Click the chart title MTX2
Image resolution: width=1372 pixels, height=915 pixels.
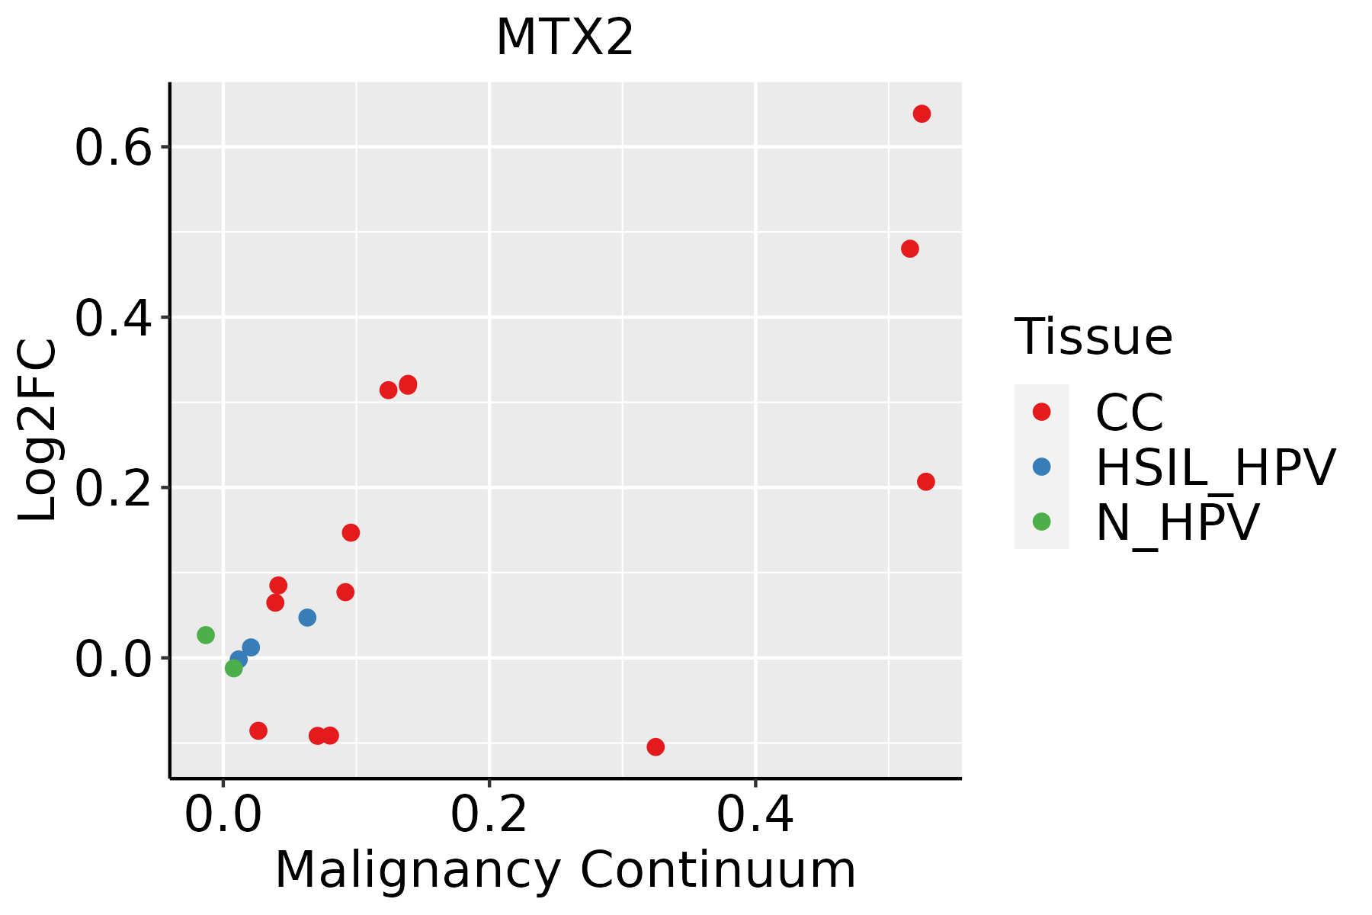565,38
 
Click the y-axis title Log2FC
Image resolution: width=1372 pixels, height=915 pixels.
38,431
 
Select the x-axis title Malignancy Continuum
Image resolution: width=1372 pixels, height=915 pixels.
565,870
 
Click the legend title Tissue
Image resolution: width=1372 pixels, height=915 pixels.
1093,336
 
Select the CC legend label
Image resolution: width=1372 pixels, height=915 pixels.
1130,413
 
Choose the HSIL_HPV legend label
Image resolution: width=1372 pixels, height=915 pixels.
1215,467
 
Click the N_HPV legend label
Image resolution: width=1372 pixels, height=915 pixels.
1177,522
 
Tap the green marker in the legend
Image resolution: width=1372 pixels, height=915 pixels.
1041,522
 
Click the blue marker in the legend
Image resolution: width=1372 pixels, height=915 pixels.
1041,467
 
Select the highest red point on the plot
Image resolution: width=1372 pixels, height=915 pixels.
922,114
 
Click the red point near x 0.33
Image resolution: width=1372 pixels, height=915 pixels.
656,746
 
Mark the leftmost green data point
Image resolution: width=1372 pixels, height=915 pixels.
206,635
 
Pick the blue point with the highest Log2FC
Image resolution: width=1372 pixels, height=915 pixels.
307,618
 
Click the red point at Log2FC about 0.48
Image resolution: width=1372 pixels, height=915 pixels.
909,249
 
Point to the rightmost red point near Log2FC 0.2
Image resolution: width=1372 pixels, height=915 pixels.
926,482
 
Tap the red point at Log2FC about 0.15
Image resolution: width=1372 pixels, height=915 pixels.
351,532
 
